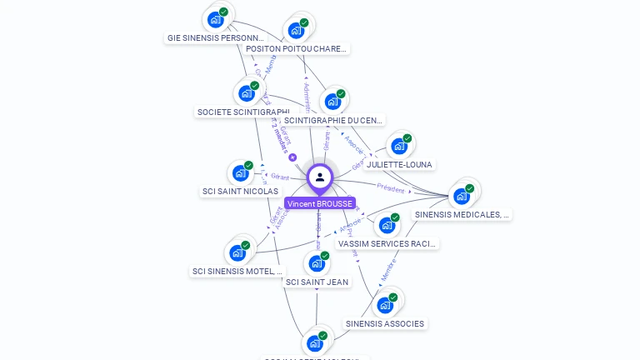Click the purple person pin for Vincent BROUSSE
(320, 177)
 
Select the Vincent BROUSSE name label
(320, 203)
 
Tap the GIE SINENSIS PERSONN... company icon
(216, 18)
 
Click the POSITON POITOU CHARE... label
(297, 49)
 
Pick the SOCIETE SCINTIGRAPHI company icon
(247, 92)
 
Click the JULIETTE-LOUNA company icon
(400, 146)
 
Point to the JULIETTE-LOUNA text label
(400, 165)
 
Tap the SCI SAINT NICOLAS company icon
(241, 172)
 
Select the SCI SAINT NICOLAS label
(240, 192)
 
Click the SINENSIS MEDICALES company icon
(462, 196)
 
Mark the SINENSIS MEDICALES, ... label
(462, 215)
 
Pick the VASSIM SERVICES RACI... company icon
(387, 225)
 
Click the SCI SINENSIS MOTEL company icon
(238, 252)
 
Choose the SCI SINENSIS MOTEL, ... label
(238, 271)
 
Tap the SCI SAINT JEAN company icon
(317, 263)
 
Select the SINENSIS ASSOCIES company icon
(385, 304)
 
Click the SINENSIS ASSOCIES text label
(385, 324)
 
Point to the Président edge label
(390, 187)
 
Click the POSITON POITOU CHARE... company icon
(297, 30)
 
